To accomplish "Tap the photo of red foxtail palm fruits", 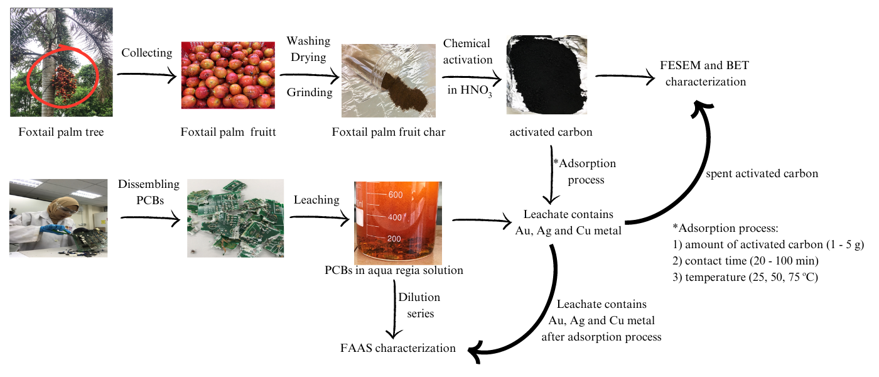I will click(x=228, y=75).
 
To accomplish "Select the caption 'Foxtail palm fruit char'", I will click(x=393, y=132).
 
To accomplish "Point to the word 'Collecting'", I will click(x=146, y=53).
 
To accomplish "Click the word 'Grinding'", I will click(x=310, y=92).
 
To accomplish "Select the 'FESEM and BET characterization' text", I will click(x=704, y=74).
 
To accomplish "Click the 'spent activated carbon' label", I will click(x=760, y=173).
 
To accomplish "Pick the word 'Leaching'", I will click(x=316, y=200).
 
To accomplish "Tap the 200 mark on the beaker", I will click(x=394, y=239).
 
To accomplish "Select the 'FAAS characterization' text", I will click(x=397, y=347).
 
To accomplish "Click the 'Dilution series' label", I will click(x=419, y=305).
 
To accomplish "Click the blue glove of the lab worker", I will click(x=50, y=230).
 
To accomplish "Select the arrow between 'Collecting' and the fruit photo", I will click(x=146, y=75).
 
